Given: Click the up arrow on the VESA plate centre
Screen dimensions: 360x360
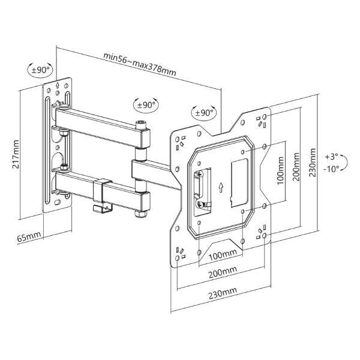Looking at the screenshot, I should coord(221,187).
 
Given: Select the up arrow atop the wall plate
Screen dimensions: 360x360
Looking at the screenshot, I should coord(57,85).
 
